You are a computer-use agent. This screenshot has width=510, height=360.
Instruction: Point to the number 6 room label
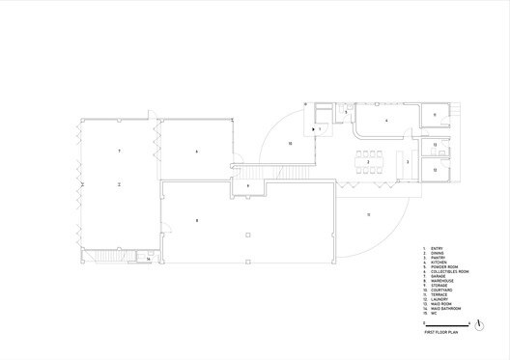point(196,152)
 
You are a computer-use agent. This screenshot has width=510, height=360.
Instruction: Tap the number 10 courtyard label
point(290,143)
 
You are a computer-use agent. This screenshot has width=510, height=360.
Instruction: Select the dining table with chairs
point(368,160)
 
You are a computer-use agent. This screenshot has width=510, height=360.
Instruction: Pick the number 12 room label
point(436,170)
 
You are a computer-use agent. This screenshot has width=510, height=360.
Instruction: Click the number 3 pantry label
point(408,162)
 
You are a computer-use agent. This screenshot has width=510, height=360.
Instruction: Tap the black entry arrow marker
point(312,128)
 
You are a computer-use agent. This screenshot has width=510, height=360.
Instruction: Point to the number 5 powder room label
point(346,112)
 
